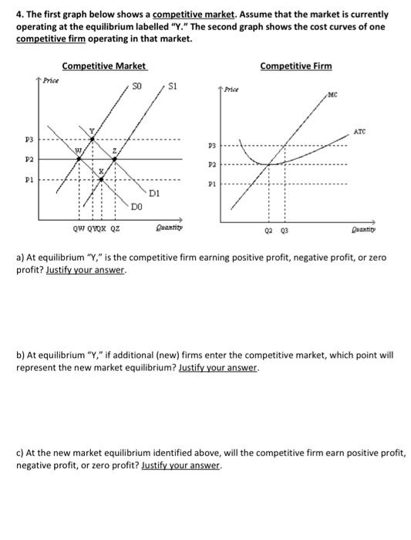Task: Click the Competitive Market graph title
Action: [x=104, y=66]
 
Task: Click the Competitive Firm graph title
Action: [x=295, y=66]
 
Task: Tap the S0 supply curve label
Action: [x=138, y=86]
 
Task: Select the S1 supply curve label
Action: [x=173, y=86]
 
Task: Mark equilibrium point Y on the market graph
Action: [x=93, y=140]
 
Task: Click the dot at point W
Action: [x=78, y=159]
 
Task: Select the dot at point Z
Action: [x=115, y=159]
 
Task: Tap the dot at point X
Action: [x=102, y=179]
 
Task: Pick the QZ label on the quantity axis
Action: [x=115, y=228]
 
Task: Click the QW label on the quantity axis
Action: [x=79, y=228]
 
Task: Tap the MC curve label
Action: [x=332, y=96]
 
